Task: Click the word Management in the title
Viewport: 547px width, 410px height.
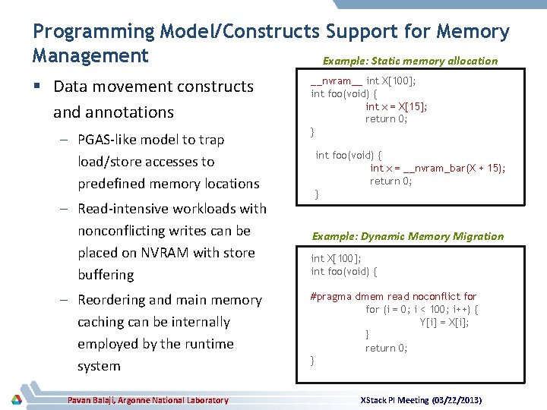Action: [x=90, y=55]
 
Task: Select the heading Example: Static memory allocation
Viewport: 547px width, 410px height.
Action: [x=410, y=61]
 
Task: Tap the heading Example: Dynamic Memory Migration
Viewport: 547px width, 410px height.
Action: [x=407, y=236]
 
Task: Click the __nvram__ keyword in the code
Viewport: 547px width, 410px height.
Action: [x=337, y=81]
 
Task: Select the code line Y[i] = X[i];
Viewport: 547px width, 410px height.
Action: [x=444, y=322]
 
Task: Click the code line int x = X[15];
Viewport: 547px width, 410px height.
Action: [x=396, y=106]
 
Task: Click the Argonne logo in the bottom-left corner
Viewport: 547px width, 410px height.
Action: [x=16, y=399]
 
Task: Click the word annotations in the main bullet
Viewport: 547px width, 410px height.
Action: [x=113, y=112]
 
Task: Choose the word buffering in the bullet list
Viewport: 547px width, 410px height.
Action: [x=106, y=275]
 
